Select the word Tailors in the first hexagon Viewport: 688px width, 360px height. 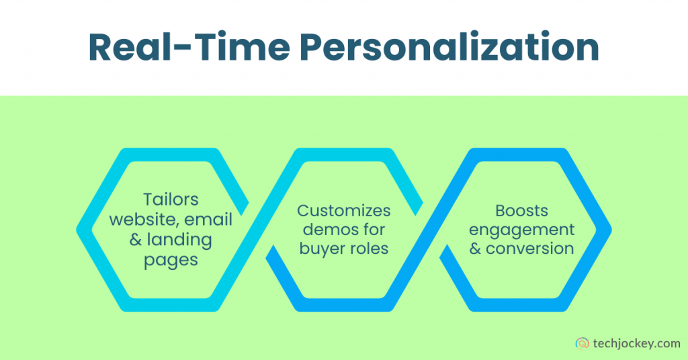(x=171, y=199)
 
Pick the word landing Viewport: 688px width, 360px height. (x=183, y=239)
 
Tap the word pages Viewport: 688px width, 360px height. (x=171, y=260)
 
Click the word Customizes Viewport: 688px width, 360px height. (x=344, y=210)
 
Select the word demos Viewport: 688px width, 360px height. (x=327, y=230)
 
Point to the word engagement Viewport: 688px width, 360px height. (x=522, y=230)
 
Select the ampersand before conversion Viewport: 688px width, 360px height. (x=475, y=249)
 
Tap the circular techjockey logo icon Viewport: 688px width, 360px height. (x=582, y=343)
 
